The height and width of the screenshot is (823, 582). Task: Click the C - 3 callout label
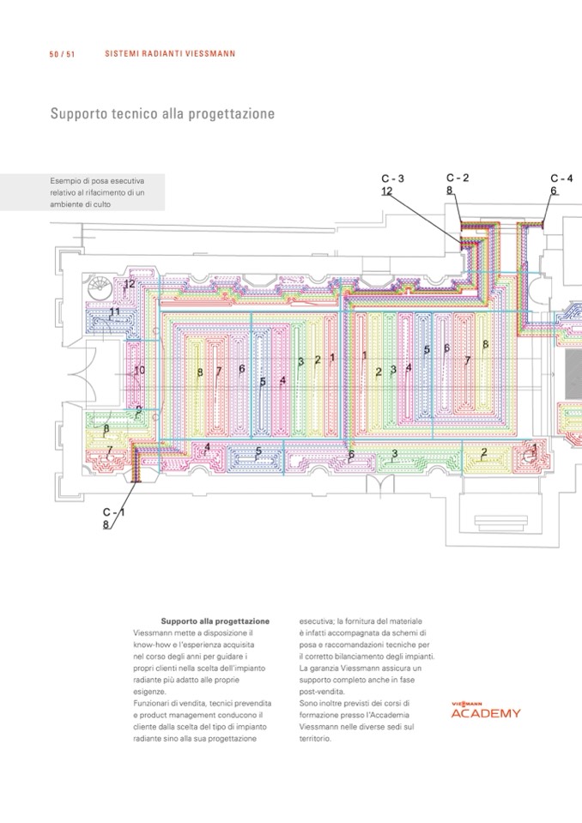coord(392,179)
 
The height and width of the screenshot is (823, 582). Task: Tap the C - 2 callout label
coord(457,178)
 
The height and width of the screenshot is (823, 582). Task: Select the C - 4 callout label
coord(561,179)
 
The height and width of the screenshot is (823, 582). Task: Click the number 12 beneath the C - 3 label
coord(386,191)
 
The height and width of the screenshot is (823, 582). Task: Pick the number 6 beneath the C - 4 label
coord(554,191)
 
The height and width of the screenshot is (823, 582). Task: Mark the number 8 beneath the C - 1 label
coord(106,524)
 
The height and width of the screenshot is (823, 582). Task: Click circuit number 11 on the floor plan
coord(114,312)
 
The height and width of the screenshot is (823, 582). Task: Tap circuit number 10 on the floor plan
coord(139,370)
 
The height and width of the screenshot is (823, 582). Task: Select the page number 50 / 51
coord(62,54)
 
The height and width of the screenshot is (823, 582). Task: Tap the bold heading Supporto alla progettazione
coord(215,620)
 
